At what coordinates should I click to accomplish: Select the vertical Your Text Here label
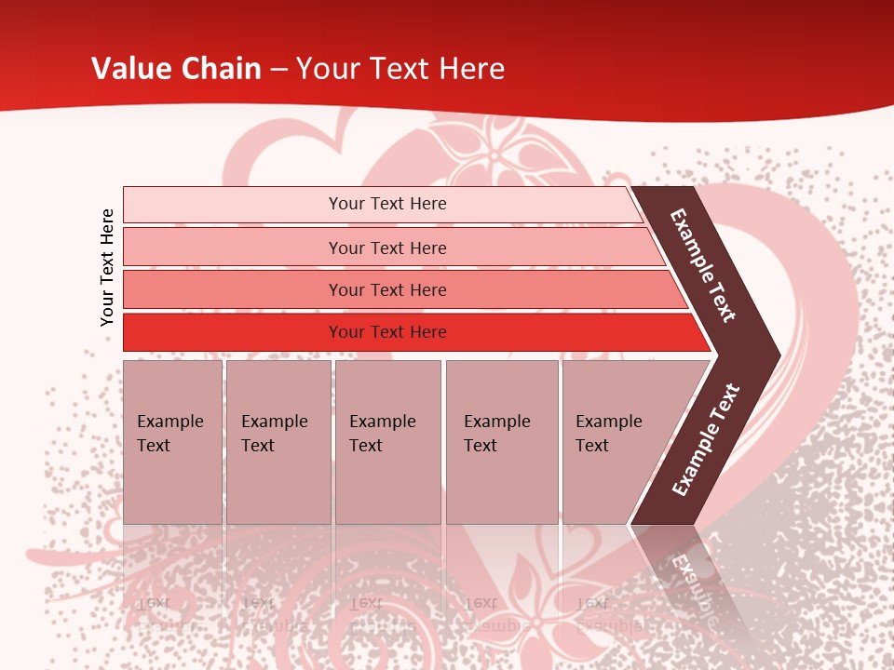pos(107,267)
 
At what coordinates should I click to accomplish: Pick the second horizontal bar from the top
pos(386,248)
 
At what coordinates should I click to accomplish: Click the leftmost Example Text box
pos(172,442)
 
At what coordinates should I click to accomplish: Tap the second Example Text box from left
pos(278,442)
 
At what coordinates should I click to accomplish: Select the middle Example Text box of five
pos(387,442)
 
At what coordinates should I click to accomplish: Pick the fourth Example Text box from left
pos(502,442)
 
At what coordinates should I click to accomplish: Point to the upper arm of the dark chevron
pos(704,265)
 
